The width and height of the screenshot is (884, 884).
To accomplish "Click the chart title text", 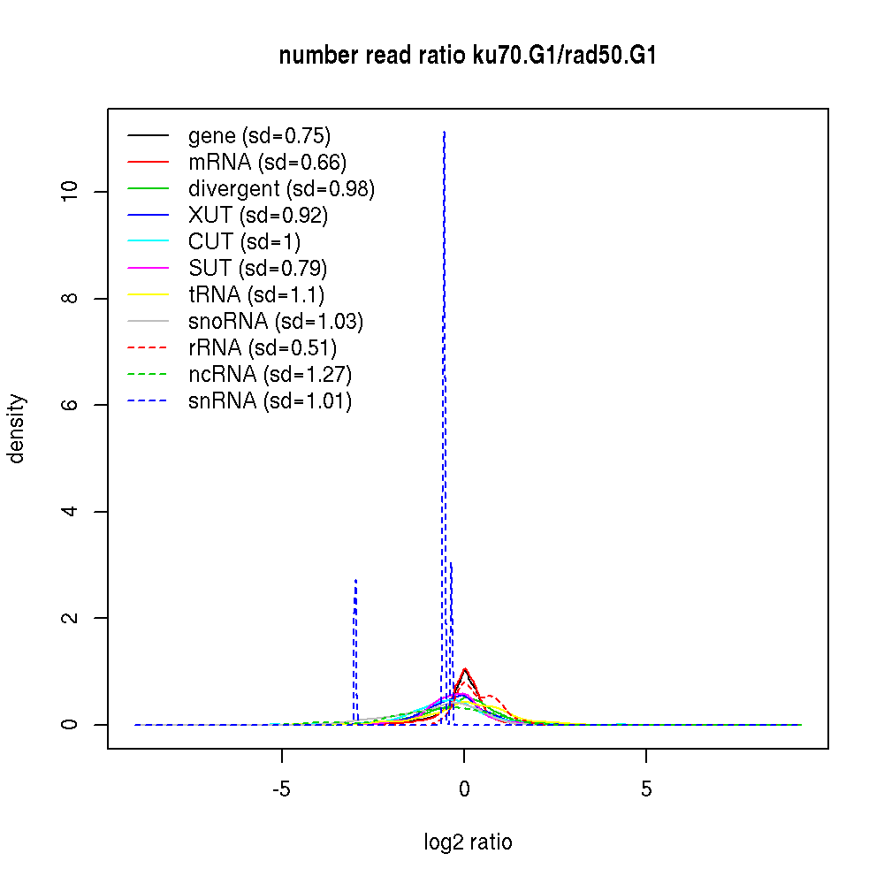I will pos(468,56).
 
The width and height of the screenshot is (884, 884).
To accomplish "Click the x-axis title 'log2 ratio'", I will pos(468,842).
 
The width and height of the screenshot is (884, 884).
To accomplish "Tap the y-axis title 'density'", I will pos(17,429).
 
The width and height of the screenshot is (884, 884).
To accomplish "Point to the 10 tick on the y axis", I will pos(73,192).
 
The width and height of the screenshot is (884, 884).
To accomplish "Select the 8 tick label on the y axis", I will pos(73,298).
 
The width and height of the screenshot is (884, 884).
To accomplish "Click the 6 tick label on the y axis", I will pos(73,405).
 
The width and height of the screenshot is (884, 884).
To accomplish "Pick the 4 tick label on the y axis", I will pos(73,512).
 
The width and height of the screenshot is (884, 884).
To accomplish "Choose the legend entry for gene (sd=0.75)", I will pos(259,136).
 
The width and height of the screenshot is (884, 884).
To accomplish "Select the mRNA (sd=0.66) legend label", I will pos(267,163).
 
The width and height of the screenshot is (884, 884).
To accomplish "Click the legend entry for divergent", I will pos(281,189).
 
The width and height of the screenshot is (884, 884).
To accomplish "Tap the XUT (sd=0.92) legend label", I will pos(257,216).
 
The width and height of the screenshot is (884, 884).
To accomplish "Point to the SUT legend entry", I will pos(258,269).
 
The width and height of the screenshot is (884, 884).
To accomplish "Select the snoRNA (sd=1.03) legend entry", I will pos(276,322).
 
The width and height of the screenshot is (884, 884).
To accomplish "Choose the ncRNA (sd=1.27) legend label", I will pos(270,375).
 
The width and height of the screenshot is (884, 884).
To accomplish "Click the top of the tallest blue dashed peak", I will pos(444,132).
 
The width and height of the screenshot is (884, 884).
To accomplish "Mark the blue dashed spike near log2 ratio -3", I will pos(355,581).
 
